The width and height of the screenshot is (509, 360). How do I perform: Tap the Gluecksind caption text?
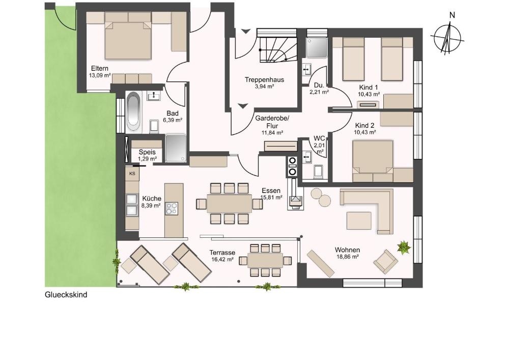click(x=66, y=295)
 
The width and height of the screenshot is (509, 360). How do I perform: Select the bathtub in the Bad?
click(x=133, y=112)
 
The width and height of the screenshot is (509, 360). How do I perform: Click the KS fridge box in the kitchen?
click(x=132, y=174)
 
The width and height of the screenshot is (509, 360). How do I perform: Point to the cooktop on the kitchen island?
click(x=172, y=208)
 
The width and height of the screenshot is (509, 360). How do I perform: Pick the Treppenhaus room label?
click(x=265, y=80)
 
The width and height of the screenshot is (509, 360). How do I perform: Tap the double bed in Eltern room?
click(x=128, y=36)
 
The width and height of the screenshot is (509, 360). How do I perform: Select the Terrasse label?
click(x=222, y=253)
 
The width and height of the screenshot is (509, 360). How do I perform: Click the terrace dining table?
click(x=265, y=260)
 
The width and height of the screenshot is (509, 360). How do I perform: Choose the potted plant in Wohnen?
click(x=404, y=247)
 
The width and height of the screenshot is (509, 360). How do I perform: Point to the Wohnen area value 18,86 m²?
click(x=347, y=257)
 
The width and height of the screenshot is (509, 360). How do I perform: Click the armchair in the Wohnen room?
click(x=385, y=261)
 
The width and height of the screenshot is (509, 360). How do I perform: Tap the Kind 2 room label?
click(x=365, y=126)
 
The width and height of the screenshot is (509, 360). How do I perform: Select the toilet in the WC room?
click(x=319, y=172)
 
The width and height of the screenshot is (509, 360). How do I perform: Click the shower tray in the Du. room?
click(x=317, y=48)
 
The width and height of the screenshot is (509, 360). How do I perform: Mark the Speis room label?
click(x=147, y=152)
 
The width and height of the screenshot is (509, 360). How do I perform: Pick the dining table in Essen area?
click(x=230, y=204)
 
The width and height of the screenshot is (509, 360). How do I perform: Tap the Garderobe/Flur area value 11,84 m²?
click(x=272, y=132)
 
